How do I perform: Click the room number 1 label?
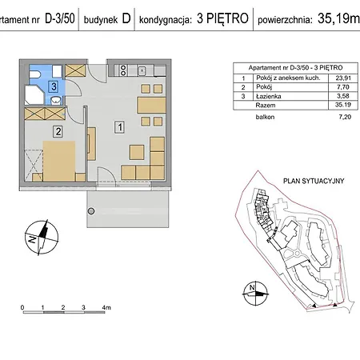pos(119,126)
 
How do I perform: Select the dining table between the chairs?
pos(147,105)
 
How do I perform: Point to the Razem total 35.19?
pos(322,105)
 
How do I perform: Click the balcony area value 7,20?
pos(322,117)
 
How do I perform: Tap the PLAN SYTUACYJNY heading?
pos(314,182)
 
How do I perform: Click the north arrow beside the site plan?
pos(253,292)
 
